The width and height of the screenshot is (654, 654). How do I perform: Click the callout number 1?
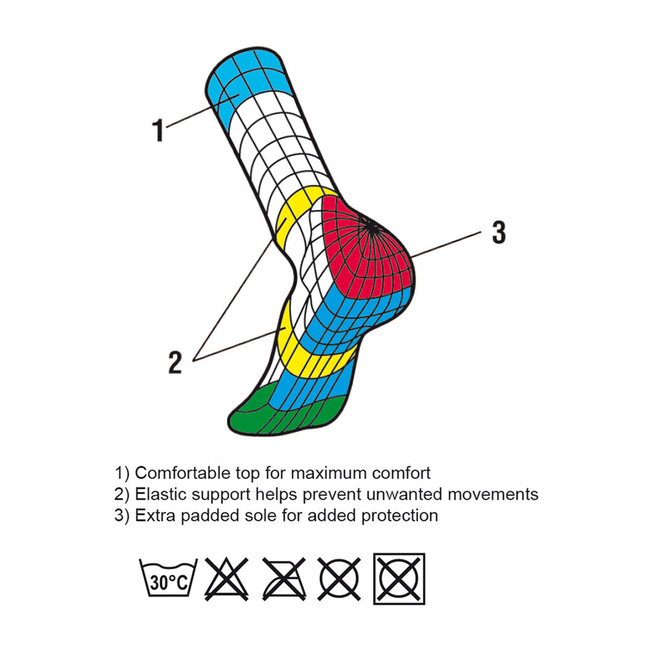coord(158,130)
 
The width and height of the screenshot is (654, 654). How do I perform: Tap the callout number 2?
coord(175,362)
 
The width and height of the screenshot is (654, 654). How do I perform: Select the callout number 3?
coord(499,232)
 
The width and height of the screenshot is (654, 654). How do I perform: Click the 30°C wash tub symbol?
coord(168,579)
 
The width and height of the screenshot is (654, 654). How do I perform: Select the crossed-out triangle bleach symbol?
coord(226,579)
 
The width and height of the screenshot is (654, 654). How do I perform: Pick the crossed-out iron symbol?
coord(284,579)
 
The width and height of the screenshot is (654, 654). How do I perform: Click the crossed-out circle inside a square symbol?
coord(399,579)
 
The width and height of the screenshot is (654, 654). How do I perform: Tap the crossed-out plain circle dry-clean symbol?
coord(339,579)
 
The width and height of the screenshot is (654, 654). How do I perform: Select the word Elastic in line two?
coord(161,494)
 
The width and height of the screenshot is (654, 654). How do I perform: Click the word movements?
coord(493,494)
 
